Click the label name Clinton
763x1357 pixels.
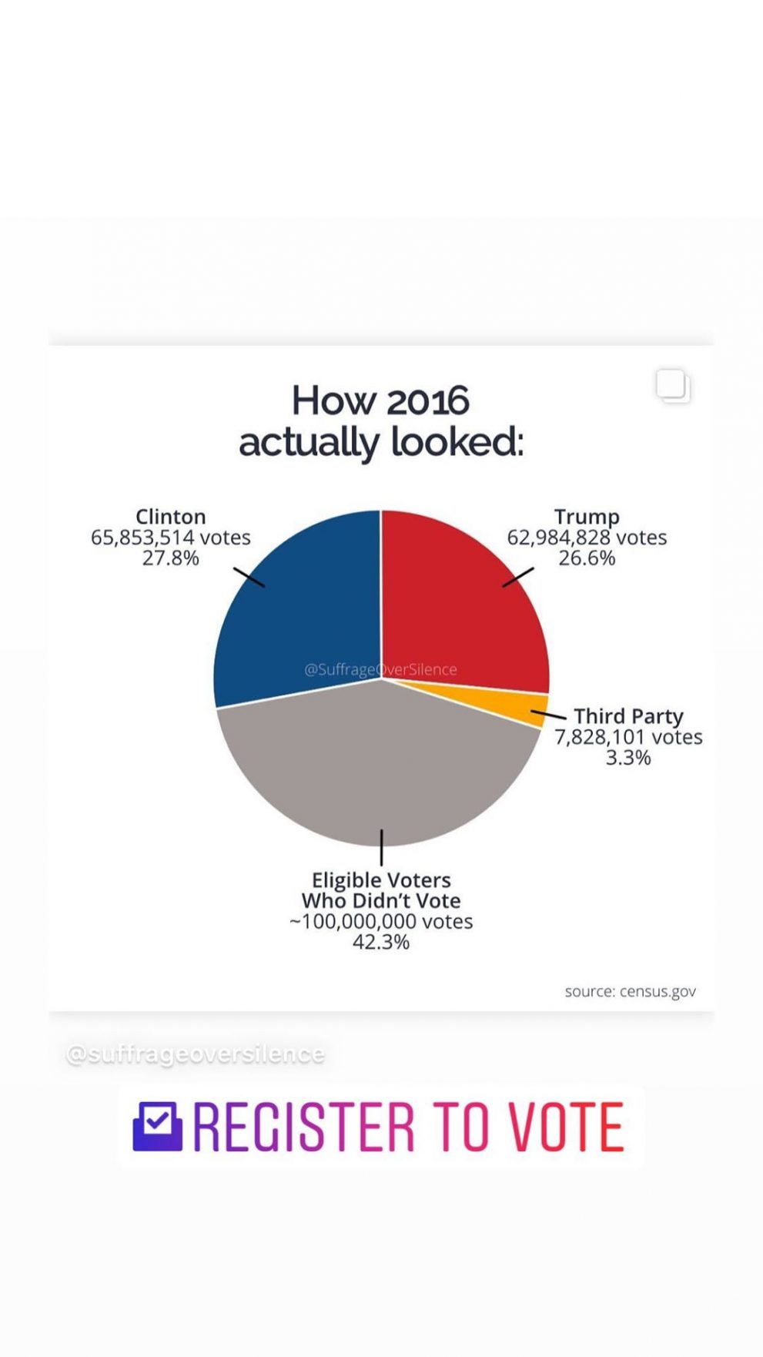[170, 516]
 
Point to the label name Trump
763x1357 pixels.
[587, 516]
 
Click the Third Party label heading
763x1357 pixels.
[628, 716]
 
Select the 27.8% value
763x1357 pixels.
[170, 558]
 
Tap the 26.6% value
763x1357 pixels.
[587, 558]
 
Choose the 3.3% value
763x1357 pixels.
[628, 758]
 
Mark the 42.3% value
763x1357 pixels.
[381, 942]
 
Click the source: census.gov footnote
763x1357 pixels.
[630, 991]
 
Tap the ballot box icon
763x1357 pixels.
[158, 1126]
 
